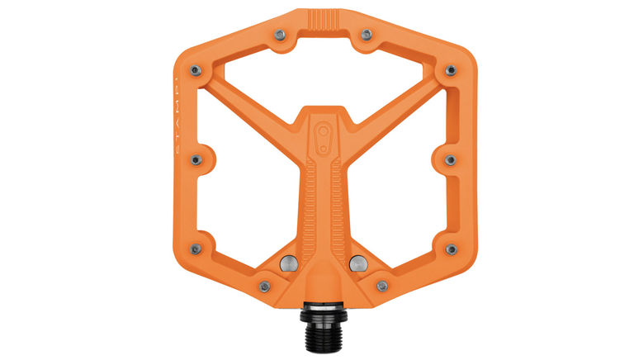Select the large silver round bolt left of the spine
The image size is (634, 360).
point(290,263)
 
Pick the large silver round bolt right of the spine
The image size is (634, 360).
point(358,263)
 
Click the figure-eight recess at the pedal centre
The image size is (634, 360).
point(324,134)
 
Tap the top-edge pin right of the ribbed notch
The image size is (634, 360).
point(367,34)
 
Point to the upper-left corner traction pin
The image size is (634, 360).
point(195,70)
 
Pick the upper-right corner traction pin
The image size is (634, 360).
point(452,70)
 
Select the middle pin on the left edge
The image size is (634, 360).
point(196,159)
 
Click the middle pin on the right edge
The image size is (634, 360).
point(452,159)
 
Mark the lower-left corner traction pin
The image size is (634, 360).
point(196,249)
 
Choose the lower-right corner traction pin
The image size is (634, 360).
point(451,249)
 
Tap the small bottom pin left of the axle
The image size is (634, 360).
point(264,287)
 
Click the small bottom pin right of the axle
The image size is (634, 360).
point(383,287)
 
